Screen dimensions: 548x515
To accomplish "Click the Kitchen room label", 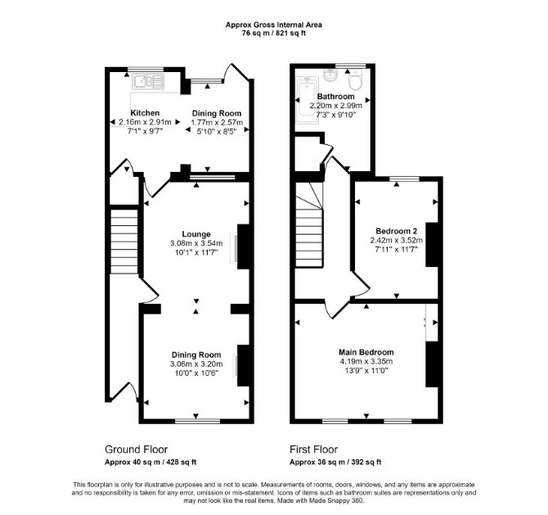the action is tap(145, 113).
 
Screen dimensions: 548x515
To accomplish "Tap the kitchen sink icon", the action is tap(148, 82).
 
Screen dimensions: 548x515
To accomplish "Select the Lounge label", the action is tap(196, 234).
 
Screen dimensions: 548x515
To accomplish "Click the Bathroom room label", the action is tap(335, 97).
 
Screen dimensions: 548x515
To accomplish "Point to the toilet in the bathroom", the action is tap(356, 79).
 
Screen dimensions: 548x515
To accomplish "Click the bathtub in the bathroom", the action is tap(307, 101).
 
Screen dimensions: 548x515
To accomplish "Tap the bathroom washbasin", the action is tap(330, 75).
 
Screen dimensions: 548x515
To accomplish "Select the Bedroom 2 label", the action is tap(397, 231).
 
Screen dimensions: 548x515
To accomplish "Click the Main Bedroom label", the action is tap(366, 352).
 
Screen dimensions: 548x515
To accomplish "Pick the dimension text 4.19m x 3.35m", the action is tap(366, 361).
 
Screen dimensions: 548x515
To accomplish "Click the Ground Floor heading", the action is tap(137, 449).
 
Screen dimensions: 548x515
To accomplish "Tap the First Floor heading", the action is tap(313, 449).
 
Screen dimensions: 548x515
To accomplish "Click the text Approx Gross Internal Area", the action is tap(274, 25).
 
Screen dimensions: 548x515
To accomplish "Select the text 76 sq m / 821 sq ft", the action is tap(274, 34).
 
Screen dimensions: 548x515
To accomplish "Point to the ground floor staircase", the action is tap(124, 242).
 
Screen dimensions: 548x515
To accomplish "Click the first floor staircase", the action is tap(309, 225).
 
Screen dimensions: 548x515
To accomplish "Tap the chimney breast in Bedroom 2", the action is tap(432, 245).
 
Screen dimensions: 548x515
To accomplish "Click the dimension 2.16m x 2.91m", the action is tap(145, 122).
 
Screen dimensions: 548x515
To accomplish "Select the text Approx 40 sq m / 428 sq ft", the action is tap(150, 462).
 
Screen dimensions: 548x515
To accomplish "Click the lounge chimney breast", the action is tap(243, 246).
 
